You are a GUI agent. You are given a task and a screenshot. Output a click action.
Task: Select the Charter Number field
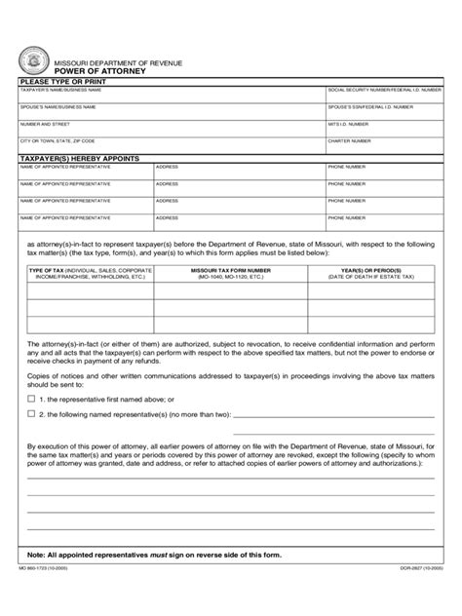384,147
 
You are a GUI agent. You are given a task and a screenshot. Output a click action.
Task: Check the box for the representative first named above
31,399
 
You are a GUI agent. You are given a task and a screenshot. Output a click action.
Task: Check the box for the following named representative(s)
31,413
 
